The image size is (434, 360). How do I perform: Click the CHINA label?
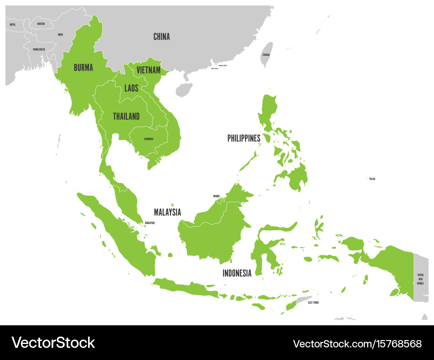(161, 37)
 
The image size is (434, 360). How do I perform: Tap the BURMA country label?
(83, 67)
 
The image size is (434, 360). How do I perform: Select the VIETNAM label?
(148, 70)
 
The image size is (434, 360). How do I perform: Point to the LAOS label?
(131, 88)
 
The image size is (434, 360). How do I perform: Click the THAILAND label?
(126, 116)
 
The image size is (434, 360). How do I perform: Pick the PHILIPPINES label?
(244, 138)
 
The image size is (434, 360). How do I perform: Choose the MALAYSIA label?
(168, 212)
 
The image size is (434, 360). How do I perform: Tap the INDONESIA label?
(237, 273)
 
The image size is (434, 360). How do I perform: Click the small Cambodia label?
(148, 139)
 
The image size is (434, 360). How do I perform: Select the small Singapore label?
(149, 223)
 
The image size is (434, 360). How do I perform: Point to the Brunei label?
(216, 196)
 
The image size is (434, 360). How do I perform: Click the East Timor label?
(313, 302)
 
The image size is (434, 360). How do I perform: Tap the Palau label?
(372, 179)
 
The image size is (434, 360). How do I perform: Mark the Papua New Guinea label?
(420, 279)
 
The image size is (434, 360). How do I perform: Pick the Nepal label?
(13, 25)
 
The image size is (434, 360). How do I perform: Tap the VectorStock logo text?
(53, 343)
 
